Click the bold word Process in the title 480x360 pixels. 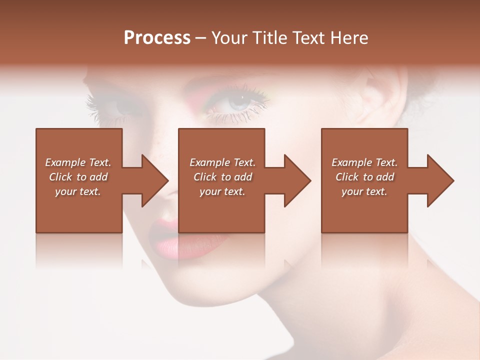(x=157, y=38)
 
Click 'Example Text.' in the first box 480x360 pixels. (x=78, y=162)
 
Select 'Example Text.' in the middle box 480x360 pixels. (x=222, y=162)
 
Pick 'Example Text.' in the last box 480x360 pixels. (x=364, y=162)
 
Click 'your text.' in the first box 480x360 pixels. (x=78, y=191)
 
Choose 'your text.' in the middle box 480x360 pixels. (x=222, y=191)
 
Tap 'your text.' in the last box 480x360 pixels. (x=364, y=191)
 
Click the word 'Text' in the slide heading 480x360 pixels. (x=308, y=38)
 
